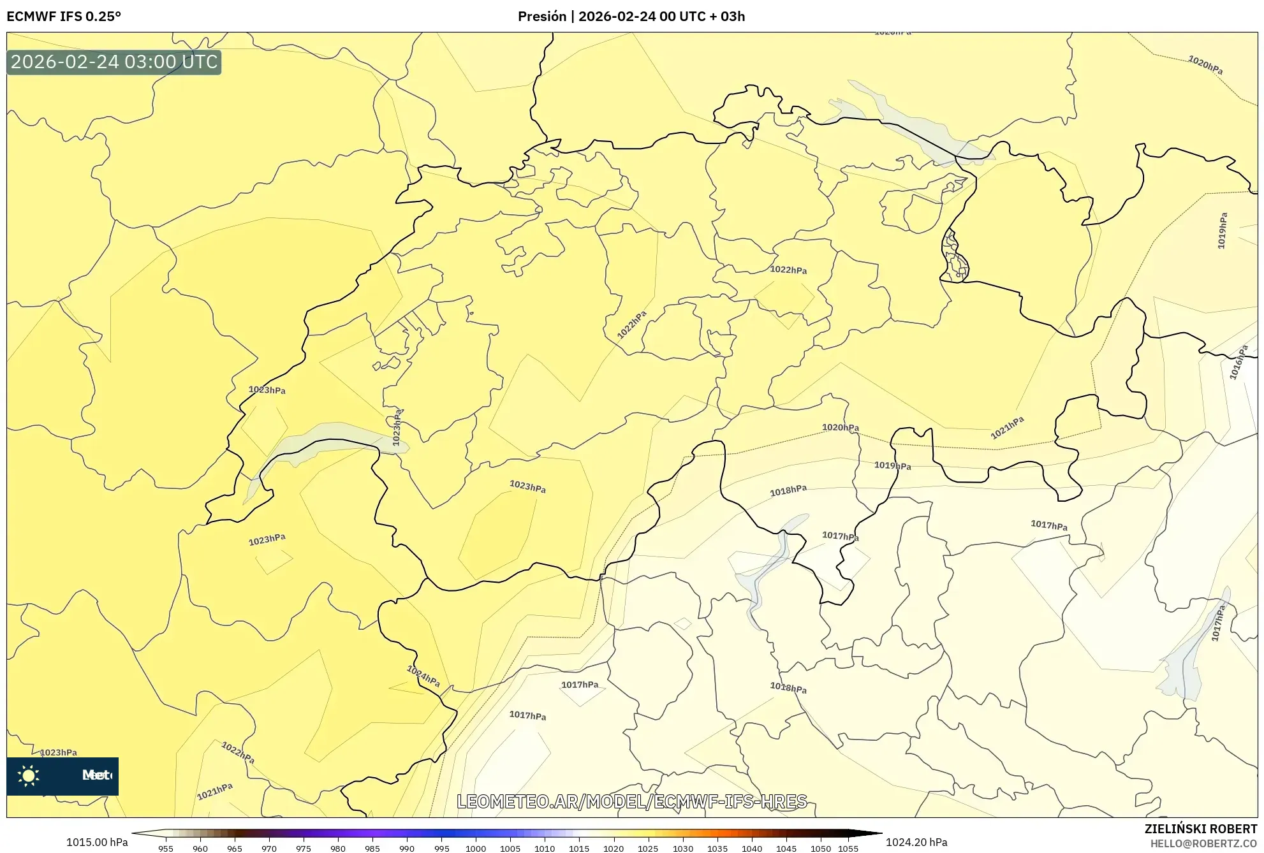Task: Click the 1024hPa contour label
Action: (423, 676)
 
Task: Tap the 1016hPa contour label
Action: (1238, 363)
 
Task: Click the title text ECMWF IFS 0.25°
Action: (64, 17)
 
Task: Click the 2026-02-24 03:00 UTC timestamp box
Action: (114, 62)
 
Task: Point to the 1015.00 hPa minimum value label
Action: (97, 842)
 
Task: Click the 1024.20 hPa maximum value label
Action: (916, 842)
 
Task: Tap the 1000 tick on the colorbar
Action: (476, 849)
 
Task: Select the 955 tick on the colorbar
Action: (166, 849)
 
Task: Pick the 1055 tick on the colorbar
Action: (848, 849)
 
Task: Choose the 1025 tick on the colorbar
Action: (648, 849)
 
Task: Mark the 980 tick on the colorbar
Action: (338, 849)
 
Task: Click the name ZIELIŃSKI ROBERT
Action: (1201, 829)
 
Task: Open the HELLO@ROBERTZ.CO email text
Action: (1203, 843)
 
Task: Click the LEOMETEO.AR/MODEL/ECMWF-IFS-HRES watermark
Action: (632, 801)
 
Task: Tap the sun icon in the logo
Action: (29, 776)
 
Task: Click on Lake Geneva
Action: (325, 440)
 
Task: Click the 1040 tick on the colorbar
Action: (752, 849)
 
